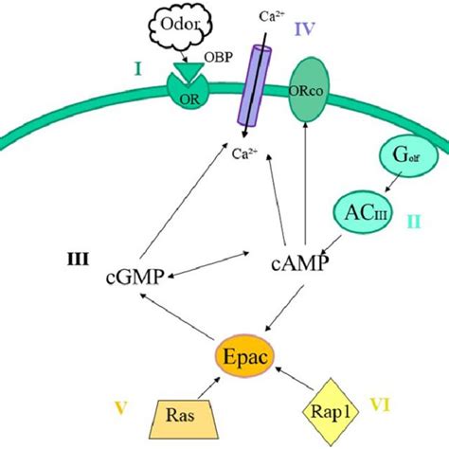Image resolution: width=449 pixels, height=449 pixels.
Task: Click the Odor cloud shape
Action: [x=180, y=27]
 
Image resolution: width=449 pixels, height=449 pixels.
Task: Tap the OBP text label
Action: [x=219, y=58]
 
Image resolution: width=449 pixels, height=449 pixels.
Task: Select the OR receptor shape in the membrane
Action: [x=188, y=91]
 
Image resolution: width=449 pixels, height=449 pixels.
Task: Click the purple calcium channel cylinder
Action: [x=255, y=86]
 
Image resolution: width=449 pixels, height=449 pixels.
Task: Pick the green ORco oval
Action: [x=306, y=90]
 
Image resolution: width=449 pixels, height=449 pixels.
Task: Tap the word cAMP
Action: [x=299, y=264]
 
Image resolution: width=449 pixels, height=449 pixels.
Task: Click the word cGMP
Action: [x=135, y=278]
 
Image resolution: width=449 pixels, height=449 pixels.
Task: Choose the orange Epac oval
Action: [x=244, y=356]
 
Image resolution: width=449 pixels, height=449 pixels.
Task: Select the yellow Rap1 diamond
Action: [x=331, y=412]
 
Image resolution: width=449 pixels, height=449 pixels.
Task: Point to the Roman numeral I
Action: [x=137, y=69]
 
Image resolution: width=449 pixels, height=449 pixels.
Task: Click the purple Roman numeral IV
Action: [x=305, y=28]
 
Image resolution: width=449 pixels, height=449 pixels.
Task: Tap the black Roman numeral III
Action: [x=78, y=260]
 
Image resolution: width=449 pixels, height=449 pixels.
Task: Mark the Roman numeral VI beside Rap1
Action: [x=380, y=405]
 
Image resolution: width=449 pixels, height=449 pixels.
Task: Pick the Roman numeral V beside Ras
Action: [x=120, y=408]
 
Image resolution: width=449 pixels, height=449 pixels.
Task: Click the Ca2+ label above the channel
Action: [x=272, y=16]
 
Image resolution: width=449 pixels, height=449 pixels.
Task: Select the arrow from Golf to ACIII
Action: [x=393, y=182]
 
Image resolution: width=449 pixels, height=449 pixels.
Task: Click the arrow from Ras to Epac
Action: [x=208, y=387]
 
